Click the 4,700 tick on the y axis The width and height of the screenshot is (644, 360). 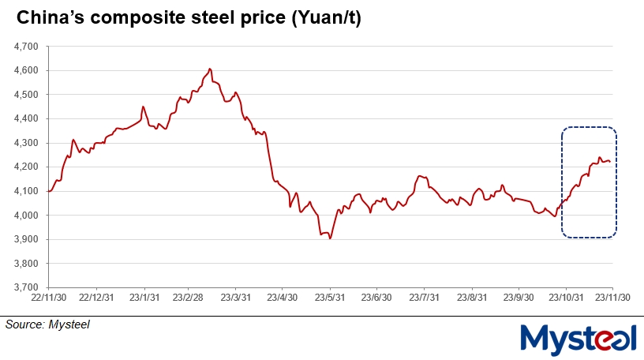pos(26,47)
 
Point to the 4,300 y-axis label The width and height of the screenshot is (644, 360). pos(26,143)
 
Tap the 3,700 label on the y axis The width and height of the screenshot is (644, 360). pos(26,287)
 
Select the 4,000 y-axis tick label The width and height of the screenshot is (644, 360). pos(26,216)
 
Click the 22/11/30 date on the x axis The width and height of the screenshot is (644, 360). pos(48,298)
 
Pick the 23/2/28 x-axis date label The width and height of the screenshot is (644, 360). pos(189,298)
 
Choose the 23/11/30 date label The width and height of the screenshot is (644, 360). pos(612,298)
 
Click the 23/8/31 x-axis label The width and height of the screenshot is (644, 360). pos(471,298)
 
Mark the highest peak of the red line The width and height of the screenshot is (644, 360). pos(209,69)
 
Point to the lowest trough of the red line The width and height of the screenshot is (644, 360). pos(330,238)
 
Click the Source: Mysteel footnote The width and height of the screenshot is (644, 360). pos(47,324)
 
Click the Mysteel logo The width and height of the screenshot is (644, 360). pos(578,338)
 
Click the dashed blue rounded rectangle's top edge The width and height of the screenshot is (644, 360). pos(589,127)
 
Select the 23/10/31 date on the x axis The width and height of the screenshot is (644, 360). pos(565,298)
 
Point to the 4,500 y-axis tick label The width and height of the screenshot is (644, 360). pos(26,95)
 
